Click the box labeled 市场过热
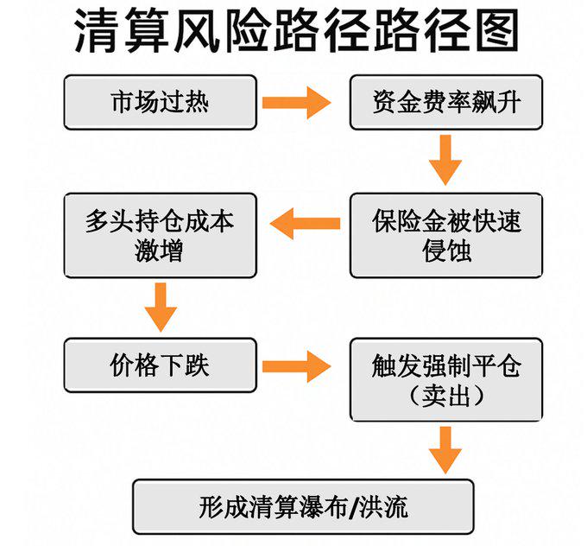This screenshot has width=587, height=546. (x=161, y=102)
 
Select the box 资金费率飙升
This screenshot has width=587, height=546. (x=446, y=102)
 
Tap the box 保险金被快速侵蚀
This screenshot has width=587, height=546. (x=446, y=235)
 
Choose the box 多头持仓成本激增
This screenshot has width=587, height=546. (x=161, y=235)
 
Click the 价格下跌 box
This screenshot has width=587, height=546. (x=161, y=365)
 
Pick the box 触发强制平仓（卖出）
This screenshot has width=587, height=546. (x=446, y=379)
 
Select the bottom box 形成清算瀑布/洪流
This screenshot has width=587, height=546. (x=303, y=506)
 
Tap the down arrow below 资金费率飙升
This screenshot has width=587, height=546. (x=445, y=160)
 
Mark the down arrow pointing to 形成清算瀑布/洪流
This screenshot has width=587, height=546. (x=445, y=448)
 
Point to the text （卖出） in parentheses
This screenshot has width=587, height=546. (x=446, y=396)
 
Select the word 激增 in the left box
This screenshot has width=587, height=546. (x=159, y=251)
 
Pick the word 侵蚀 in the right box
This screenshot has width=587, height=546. (x=446, y=251)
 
